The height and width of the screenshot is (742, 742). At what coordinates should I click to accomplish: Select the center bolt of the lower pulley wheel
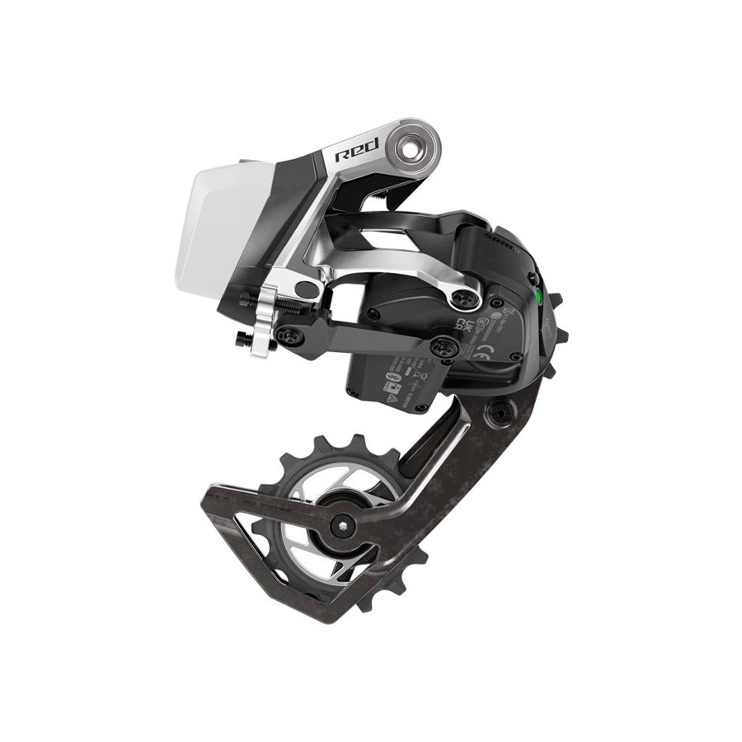[x=342, y=524]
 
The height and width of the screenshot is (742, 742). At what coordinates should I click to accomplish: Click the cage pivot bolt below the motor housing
[x=497, y=410]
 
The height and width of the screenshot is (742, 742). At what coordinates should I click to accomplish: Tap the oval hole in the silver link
[x=305, y=289]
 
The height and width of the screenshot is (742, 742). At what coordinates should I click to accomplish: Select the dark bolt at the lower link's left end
[x=293, y=333]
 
